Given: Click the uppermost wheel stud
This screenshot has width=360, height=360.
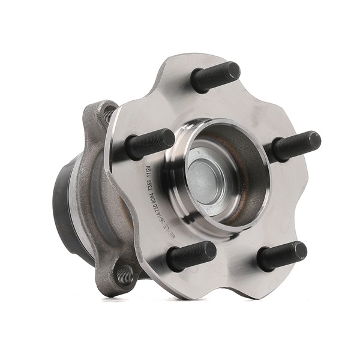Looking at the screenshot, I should click(x=216, y=75).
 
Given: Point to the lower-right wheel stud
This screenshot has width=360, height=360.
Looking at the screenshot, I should click(x=282, y=255).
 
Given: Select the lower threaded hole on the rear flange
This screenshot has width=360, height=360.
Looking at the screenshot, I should click(x=123, y=275).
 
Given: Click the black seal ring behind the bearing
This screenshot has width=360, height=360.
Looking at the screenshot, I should click(x=64, y=204).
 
